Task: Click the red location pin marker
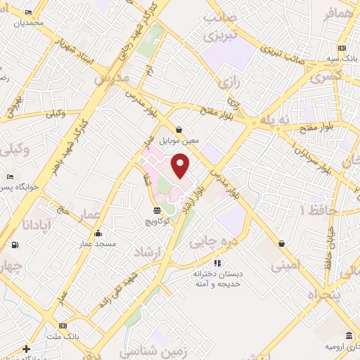181,165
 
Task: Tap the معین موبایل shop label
179,140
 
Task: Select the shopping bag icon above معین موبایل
179,129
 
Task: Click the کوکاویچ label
156,221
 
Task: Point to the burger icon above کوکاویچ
156,210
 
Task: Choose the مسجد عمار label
97,243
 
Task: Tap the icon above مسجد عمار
97,233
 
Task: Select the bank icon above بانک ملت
63,326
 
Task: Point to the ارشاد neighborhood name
148,252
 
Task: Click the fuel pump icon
14,245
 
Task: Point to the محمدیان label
31,23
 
